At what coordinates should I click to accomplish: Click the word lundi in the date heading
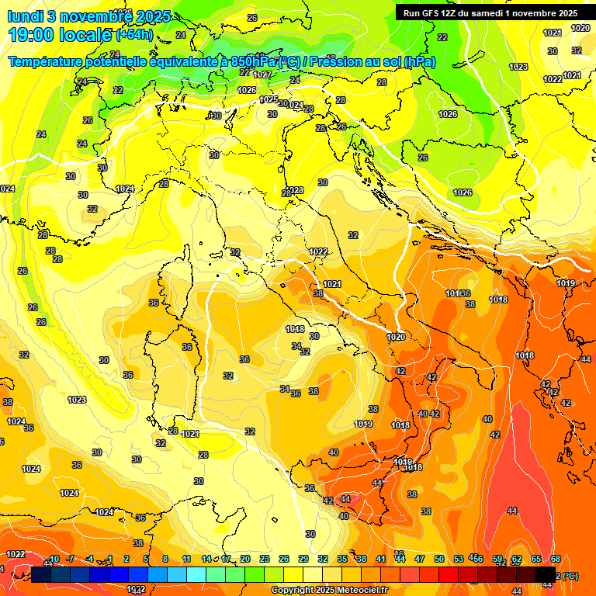[x=24, y=16]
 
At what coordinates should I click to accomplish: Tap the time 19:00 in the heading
[x=32, y=34]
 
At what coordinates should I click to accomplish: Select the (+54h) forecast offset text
[x=134, y=35]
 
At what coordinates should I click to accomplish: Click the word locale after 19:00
[x=85, y=34]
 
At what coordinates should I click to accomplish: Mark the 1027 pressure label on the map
[x=262, y=74]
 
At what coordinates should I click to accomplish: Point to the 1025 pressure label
[x=269, y=99]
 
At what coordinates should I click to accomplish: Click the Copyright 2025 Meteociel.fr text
[x=330, y=590]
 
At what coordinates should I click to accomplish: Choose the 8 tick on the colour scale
[x=165, y=559]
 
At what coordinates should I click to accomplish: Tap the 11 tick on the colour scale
[x=186, y=559]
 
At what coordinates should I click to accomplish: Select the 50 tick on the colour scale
[x=439, y=559]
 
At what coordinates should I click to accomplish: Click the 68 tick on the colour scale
[x=556, y=559]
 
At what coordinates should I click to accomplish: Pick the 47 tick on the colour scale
[x=420, y=559]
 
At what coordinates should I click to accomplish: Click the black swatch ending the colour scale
[x=546, y=575]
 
